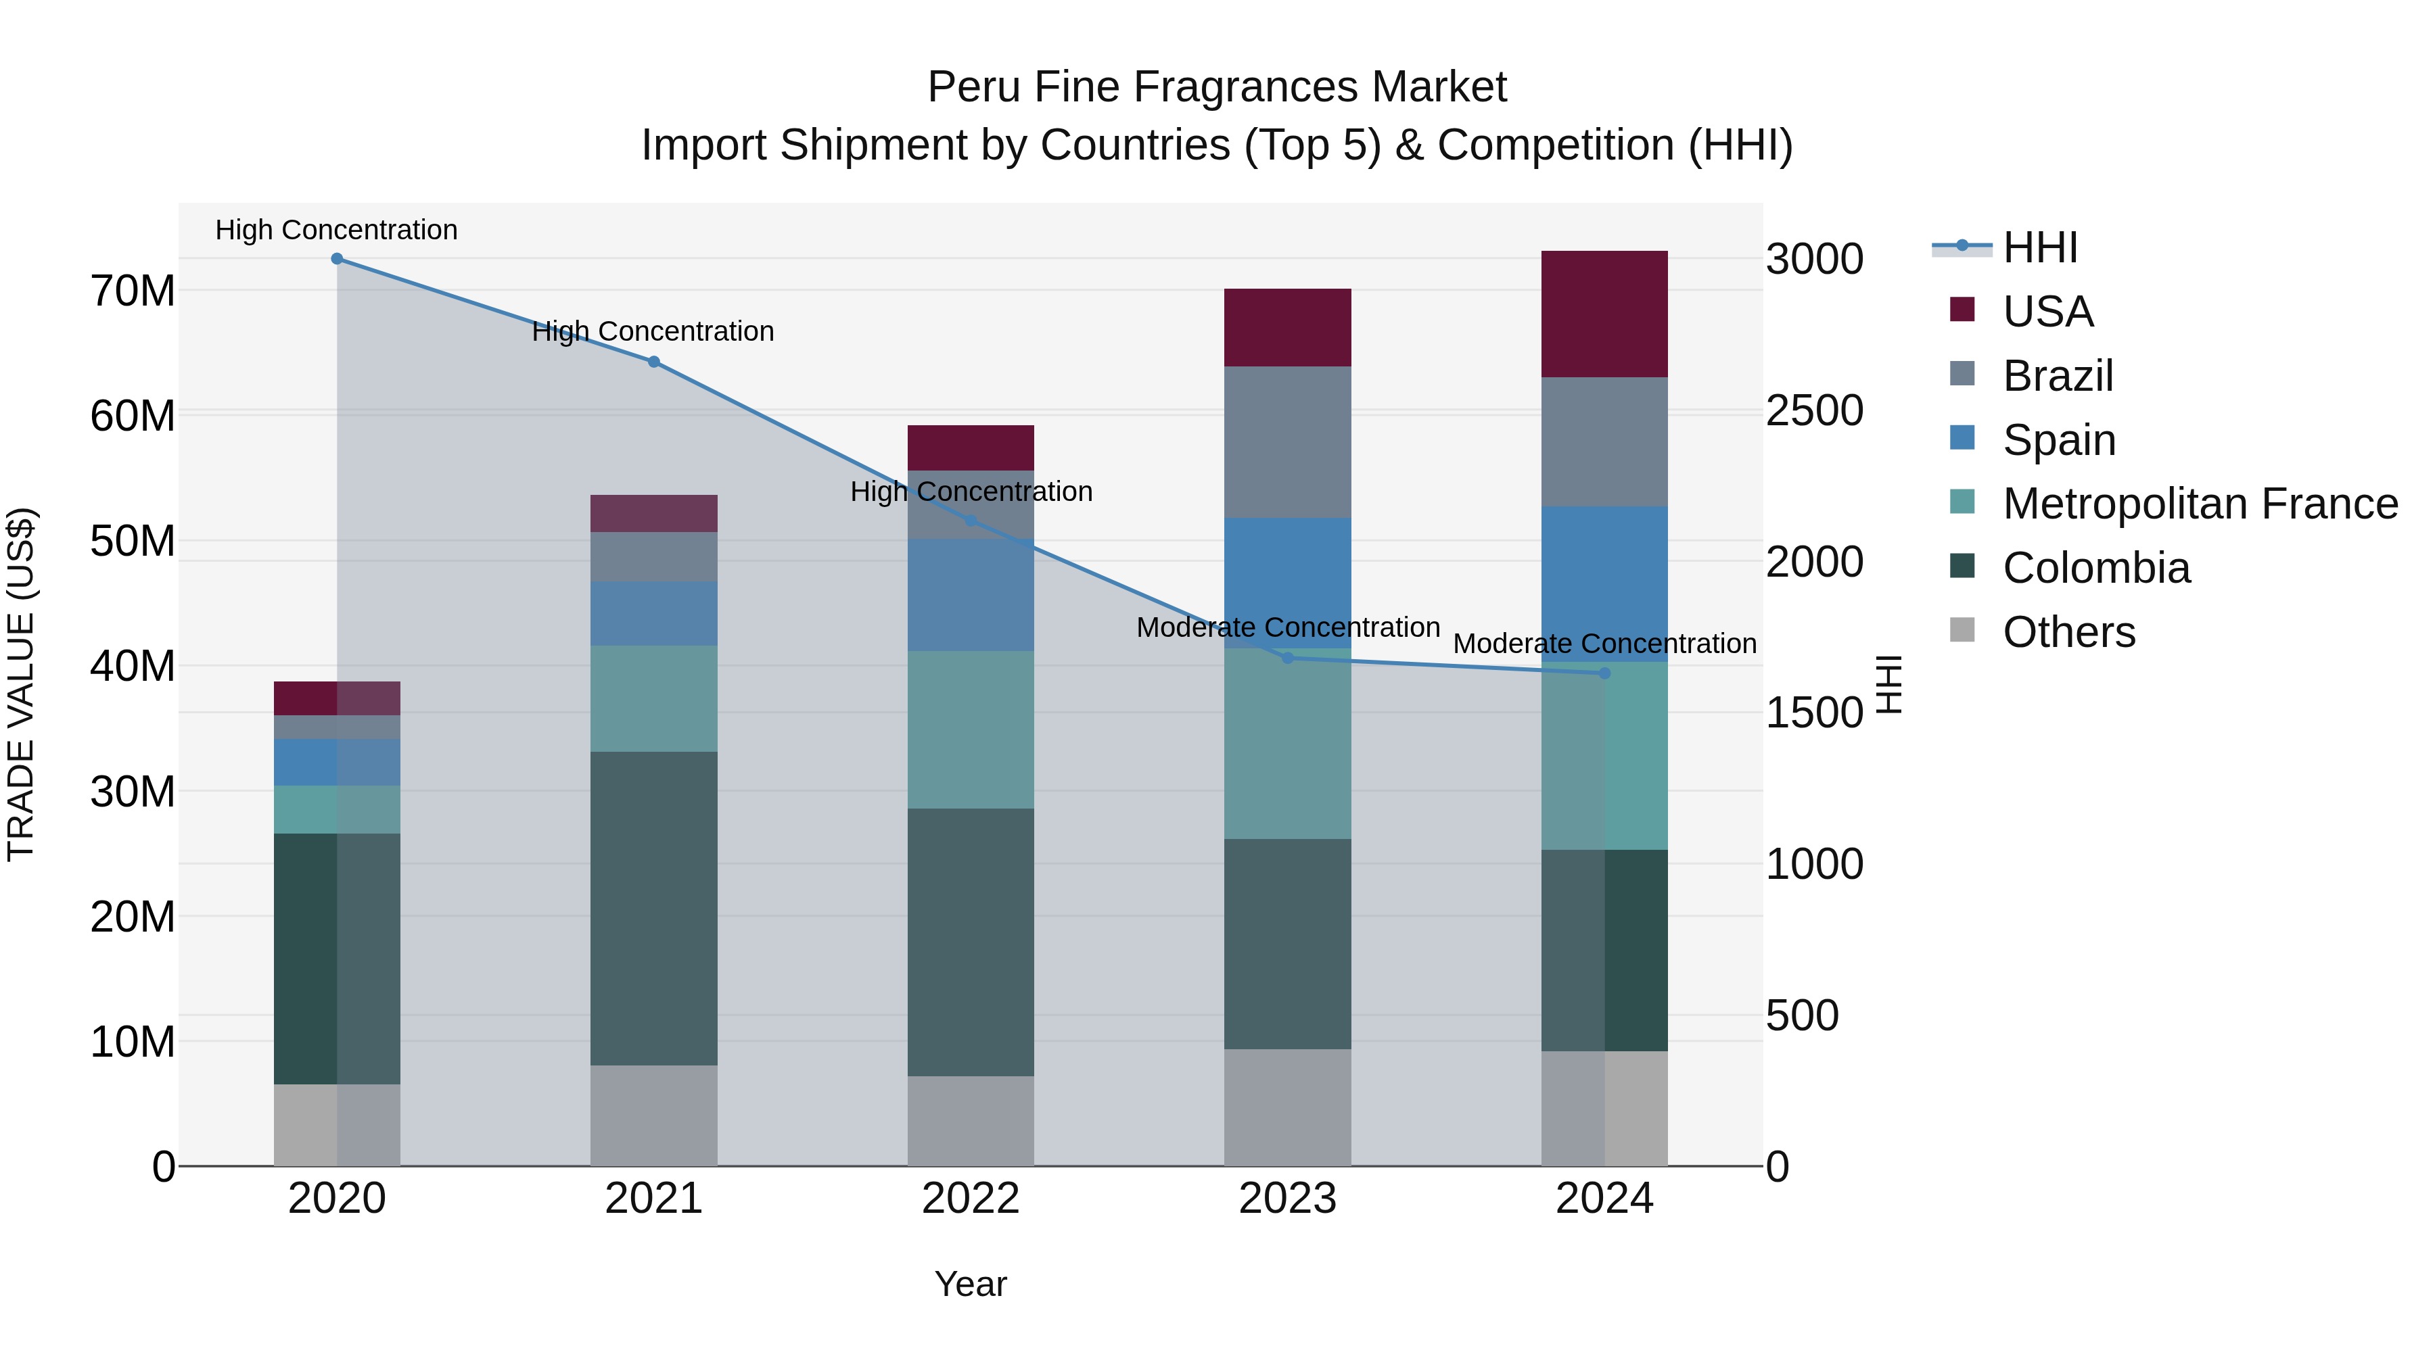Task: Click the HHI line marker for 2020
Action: [337, 259]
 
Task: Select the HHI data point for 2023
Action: [1287, 658]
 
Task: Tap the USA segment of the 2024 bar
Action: [1604, 314]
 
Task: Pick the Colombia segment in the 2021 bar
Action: [653, 908]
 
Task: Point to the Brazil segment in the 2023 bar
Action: [1287, 442]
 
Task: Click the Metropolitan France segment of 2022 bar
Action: [970, 729]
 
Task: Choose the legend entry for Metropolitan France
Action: [2200, 504]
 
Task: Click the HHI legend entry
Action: [2040, 247]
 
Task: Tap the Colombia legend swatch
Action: [1962, 567]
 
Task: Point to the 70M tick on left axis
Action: [133, 291]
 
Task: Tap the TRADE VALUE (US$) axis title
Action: [22, 684]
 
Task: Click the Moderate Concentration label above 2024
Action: [1604, 644]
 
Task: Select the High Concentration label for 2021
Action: [653, 332]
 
